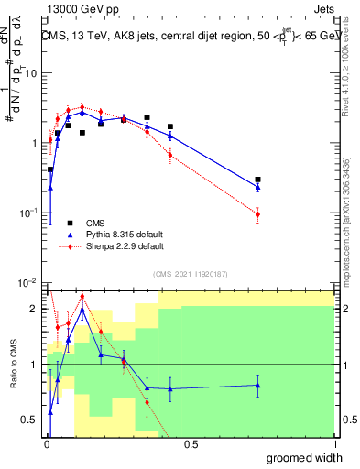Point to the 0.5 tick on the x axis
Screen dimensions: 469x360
[190, 444]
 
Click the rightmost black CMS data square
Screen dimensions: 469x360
[258, 180]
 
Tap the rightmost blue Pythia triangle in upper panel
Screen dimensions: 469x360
[258, 187]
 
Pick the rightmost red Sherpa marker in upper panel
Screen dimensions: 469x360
[258, 214]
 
